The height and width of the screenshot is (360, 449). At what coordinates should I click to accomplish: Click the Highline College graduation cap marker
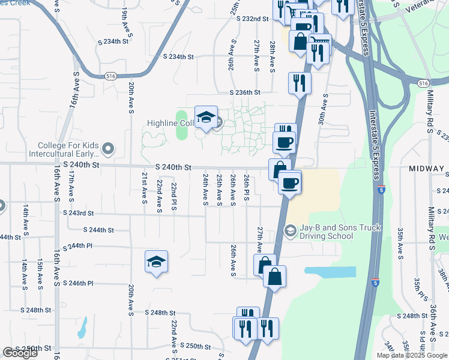(x=206, y=117)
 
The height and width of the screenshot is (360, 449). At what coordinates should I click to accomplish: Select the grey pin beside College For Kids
(x=108, y=147)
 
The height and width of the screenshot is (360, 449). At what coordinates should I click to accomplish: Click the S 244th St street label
(x=98, y=230)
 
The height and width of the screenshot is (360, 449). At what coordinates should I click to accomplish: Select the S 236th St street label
(x=245, y=92)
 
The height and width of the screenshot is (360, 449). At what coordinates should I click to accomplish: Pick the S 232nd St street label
(x=252, y=19)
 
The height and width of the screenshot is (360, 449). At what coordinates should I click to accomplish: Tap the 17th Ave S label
(x=71, y=185)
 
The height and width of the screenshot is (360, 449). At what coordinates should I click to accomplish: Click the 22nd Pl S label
(x=174, y=197)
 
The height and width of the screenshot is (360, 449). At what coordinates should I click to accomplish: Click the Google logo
(x=20, y=352)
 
